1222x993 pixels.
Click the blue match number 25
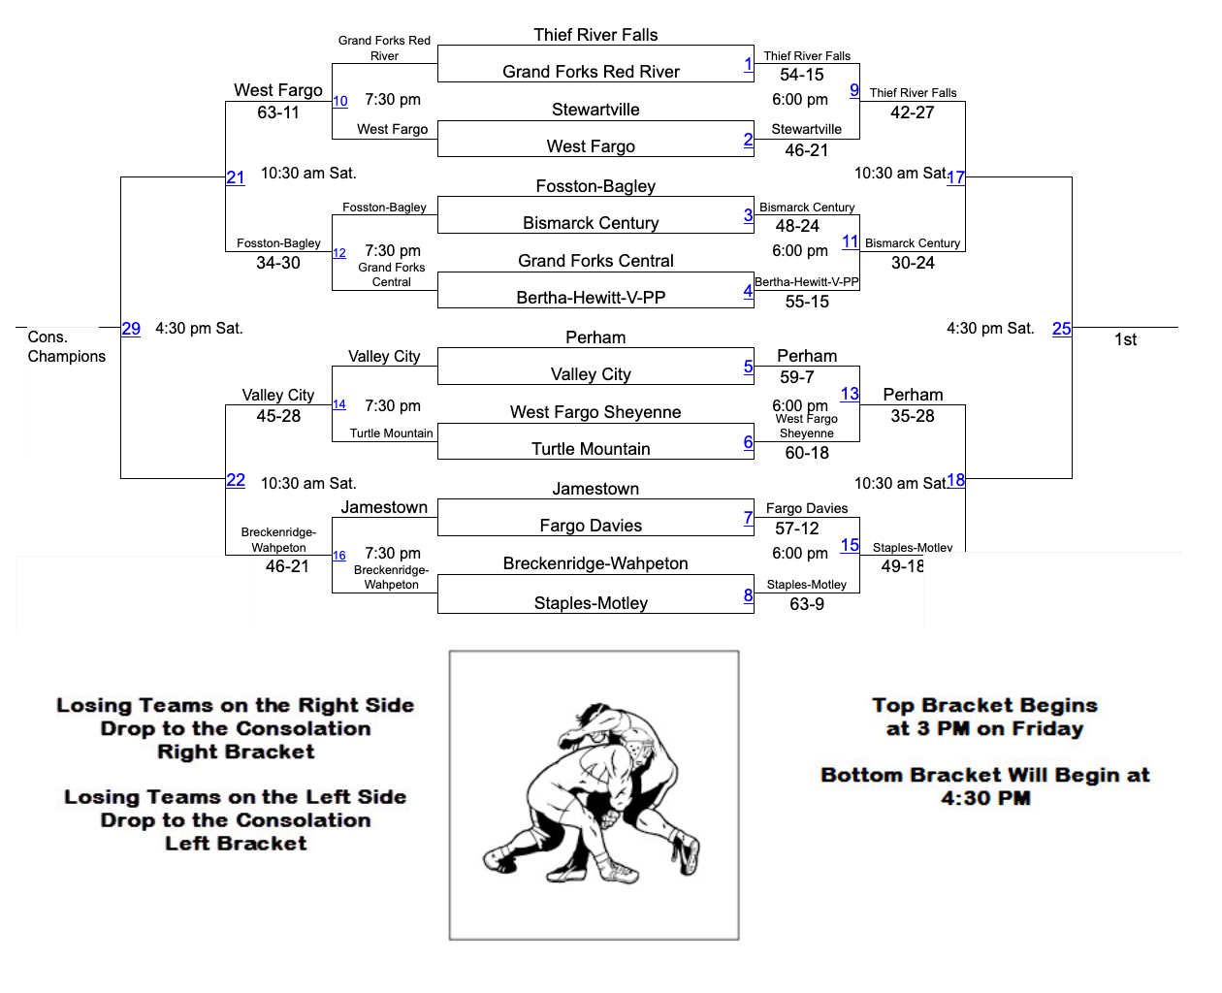1062,329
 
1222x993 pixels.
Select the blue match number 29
131,329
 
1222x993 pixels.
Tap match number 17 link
956,177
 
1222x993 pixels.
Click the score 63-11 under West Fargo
278,112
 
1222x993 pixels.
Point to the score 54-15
802,75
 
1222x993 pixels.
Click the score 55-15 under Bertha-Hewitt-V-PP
807,302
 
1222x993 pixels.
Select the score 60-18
807,453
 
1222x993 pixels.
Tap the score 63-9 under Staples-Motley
807,604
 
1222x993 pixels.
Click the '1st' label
1125,339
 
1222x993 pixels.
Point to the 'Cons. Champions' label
66,347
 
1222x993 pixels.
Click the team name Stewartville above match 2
595,110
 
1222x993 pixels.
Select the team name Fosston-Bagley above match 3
595,186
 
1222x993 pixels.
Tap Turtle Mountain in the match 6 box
591,449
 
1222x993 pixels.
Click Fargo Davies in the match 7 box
591,526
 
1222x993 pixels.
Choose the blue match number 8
749,595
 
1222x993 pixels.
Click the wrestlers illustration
594,795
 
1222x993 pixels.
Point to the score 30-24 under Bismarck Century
913,263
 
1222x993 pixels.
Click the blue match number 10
340,101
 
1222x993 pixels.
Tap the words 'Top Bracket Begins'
984,705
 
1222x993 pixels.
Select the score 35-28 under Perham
913,416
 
